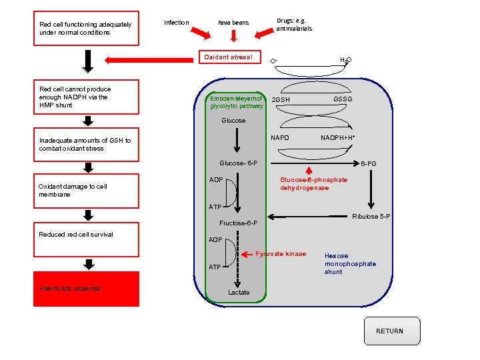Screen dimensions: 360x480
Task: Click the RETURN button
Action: (x=389, y=331)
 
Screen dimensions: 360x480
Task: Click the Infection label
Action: (x=177, y=23)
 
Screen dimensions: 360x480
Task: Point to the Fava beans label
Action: (x=233, y=23)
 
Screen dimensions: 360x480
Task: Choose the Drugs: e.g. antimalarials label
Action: (x=294, y=25)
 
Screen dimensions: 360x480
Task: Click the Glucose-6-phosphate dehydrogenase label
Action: (x=313, y=184)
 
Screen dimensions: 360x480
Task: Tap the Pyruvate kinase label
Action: (x=281, y=254)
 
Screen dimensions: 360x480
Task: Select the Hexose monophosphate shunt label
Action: (x=350, y=263)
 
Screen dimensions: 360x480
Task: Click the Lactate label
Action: (x=239, y=293)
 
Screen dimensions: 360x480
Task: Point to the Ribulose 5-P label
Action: (x=371, y=217)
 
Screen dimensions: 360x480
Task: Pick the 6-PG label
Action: (x=369, y=163)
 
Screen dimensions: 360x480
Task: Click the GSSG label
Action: (x=343, y=100)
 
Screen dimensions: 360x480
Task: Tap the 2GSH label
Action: (x=281, y=100)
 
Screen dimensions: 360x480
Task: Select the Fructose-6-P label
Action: (x=238, y=223)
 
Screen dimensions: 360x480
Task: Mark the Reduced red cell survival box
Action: (x=86, y=235)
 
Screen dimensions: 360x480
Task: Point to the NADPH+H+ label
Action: (x=337, y=138)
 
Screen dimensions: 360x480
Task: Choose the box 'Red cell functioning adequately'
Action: (x=86, y=29)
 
